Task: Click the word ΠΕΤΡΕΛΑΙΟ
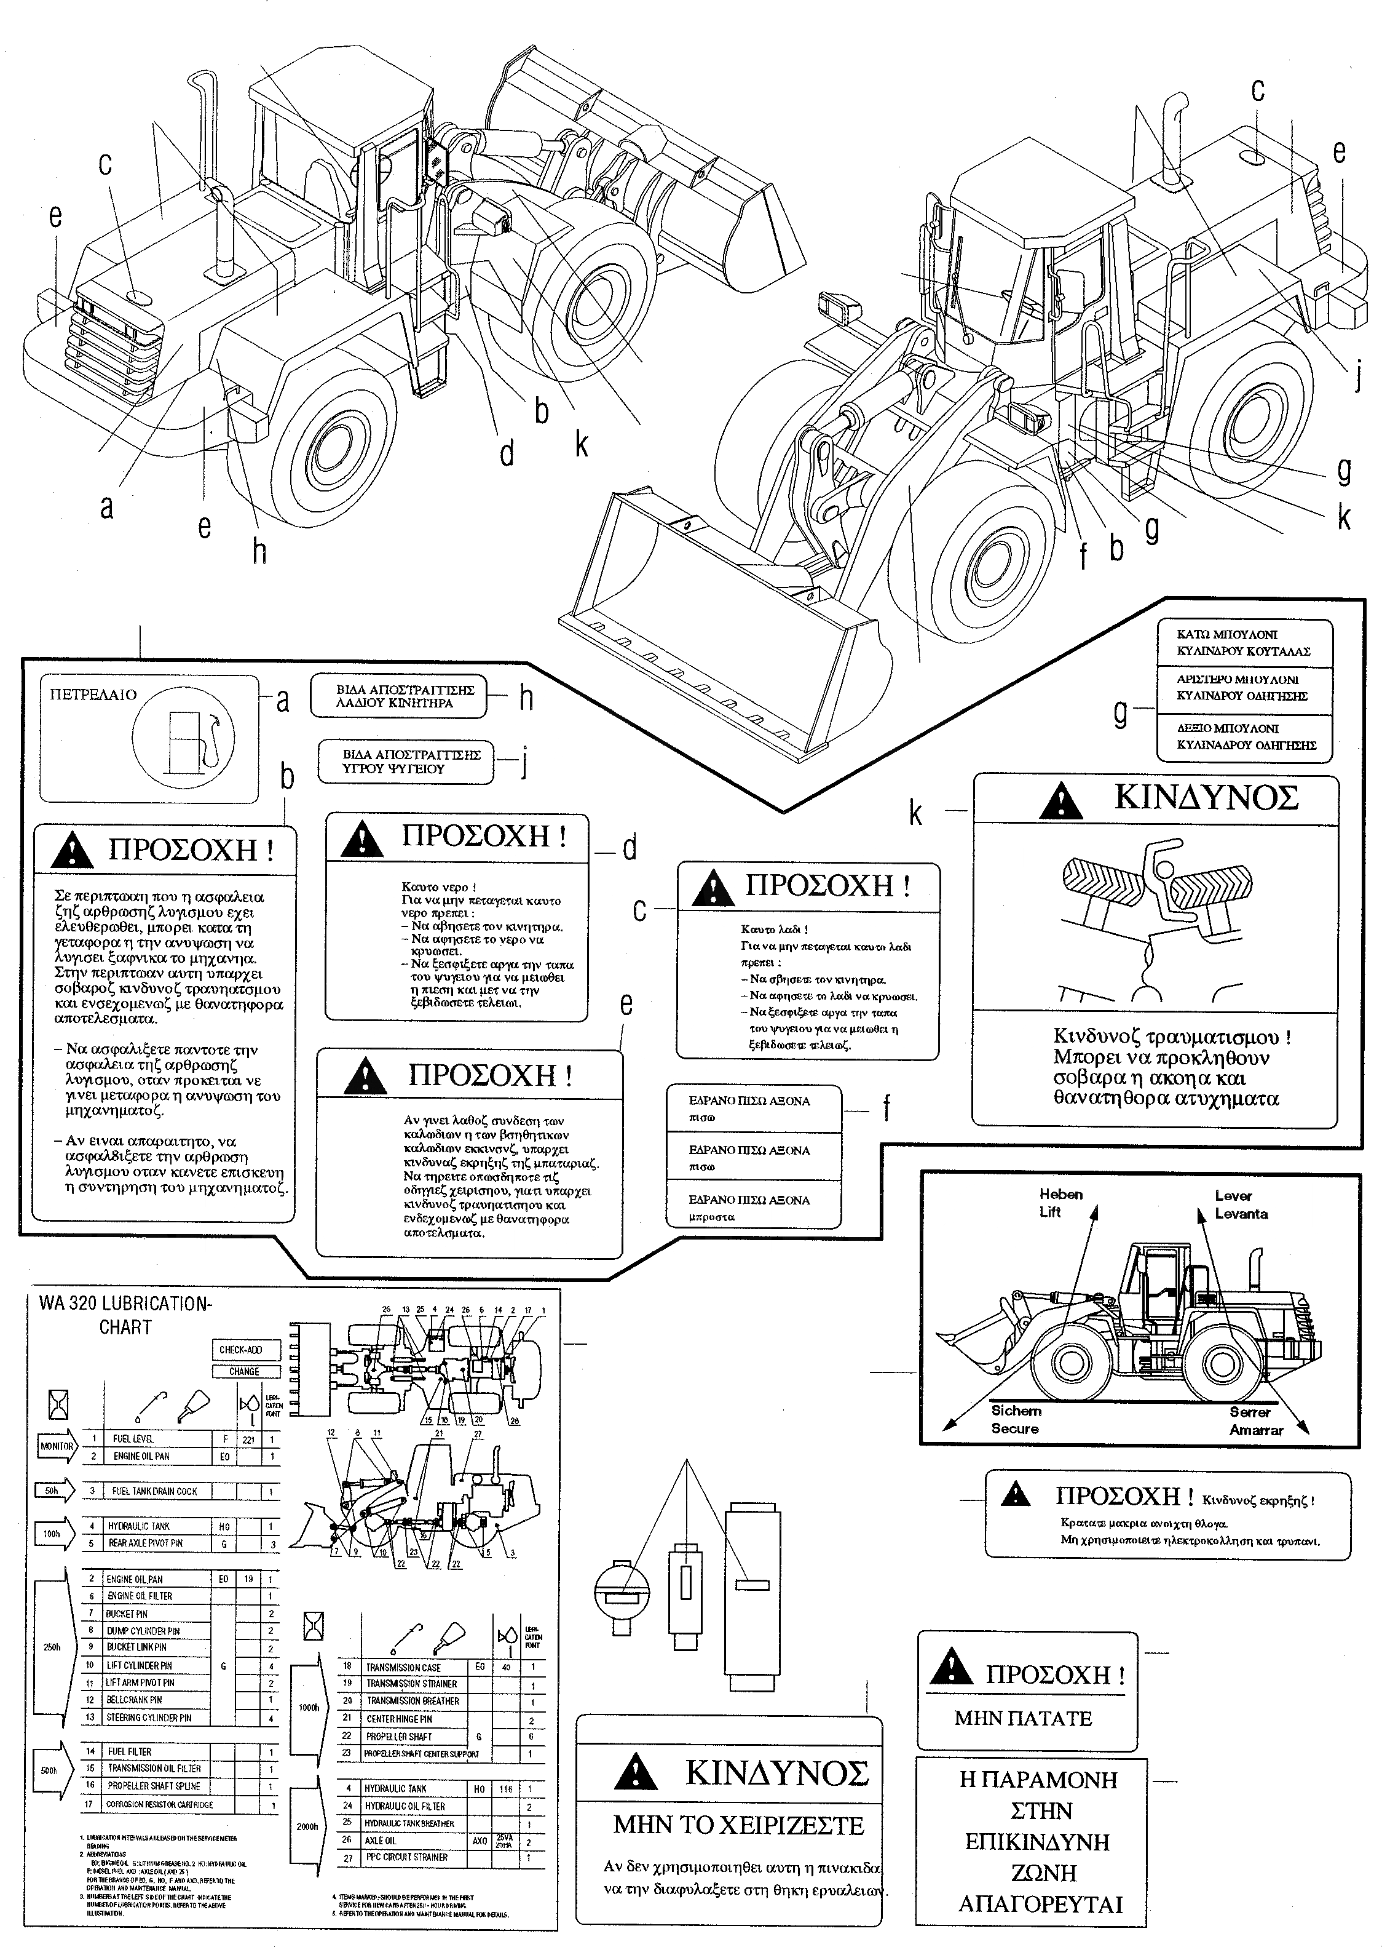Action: pos(93,695)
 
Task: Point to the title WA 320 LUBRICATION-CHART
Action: pos(125,1315)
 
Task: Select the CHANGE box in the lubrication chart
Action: pos(244,1371)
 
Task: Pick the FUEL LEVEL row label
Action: pos(133,1439)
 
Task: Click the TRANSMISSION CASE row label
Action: pos(403,1668)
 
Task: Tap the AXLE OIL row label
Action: pos(381,1841)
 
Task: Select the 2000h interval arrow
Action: pos(309,1827)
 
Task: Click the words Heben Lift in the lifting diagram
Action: pos(1059,1203)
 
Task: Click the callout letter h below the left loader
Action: pos(259,552)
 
